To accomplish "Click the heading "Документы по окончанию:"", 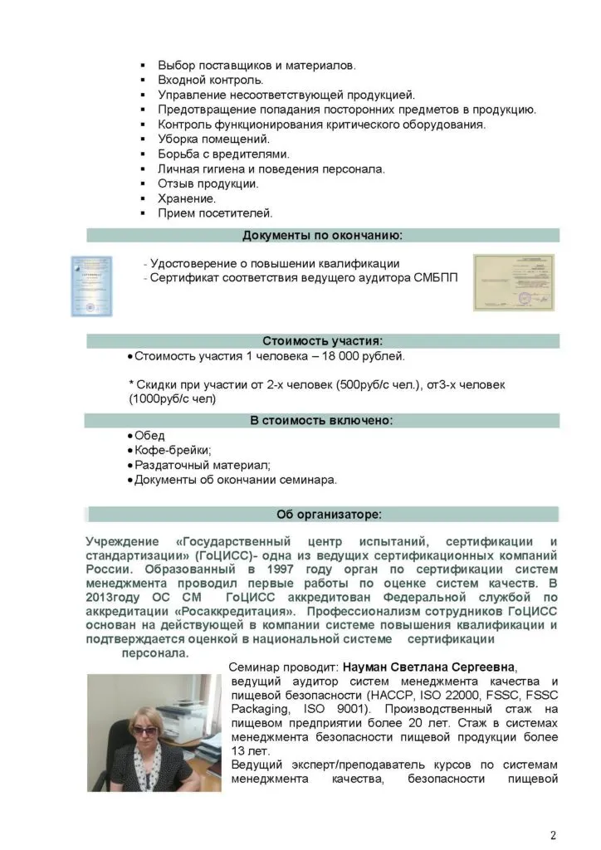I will [322, 236].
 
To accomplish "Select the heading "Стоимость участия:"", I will [322, 341].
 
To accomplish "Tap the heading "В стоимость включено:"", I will [322, 421].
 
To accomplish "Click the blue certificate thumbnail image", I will [90, 286].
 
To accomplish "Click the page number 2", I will [554, 833].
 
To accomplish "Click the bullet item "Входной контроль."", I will [210, 81].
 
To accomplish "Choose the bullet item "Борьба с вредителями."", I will [222, 154].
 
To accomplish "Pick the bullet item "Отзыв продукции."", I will [208, 183].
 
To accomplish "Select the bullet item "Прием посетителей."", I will [215, 213].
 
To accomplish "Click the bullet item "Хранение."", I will [187, 198].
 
